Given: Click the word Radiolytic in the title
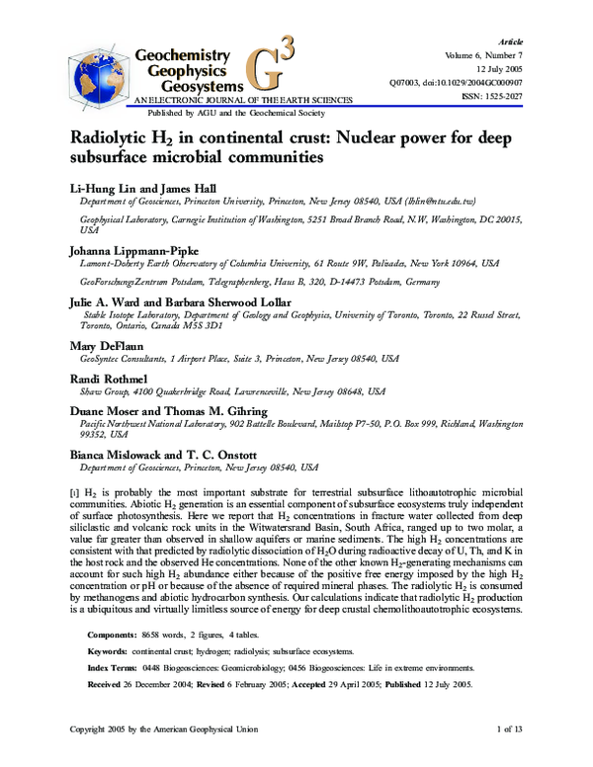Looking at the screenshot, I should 110,136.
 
